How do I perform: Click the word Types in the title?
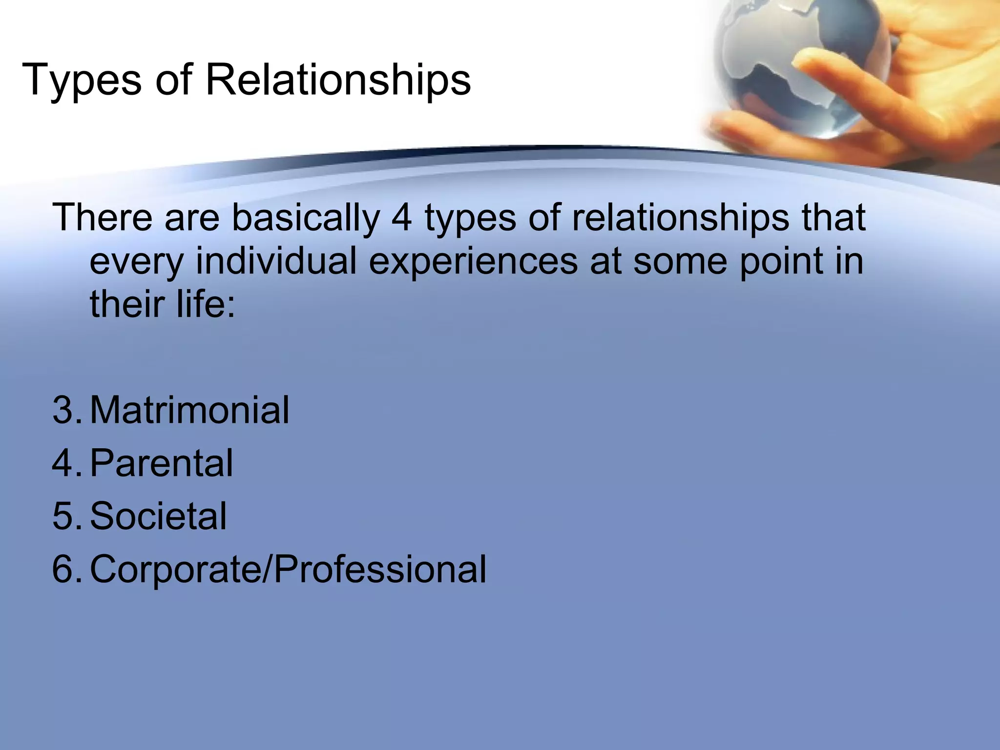coord(82,81)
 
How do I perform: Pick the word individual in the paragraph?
coord(276,261)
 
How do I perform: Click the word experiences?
coord(473,262)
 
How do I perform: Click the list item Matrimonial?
coord(189,410)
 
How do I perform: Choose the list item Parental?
coord(161,463)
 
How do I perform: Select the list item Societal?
coord(158,516)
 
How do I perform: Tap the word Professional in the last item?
coord(379,569)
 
